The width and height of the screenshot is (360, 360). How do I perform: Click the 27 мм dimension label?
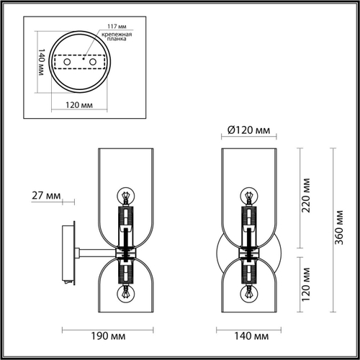pos(46,195)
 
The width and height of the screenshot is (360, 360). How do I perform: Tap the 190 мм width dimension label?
pos(99,336)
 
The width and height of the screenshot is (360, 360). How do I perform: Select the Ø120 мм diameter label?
pos(243,130)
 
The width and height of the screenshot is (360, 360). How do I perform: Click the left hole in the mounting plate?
pos(67,65)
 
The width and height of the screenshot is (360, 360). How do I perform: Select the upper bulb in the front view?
pos(249,195)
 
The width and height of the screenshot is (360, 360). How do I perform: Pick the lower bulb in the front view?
pos(249,292)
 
